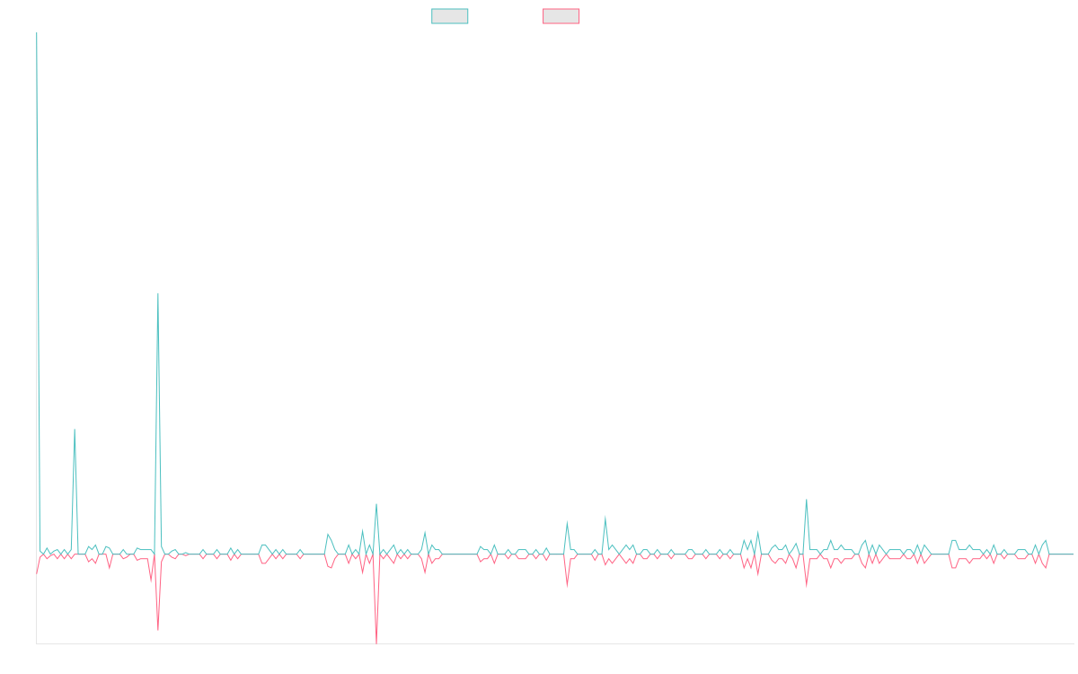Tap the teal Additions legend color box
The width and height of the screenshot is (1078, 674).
point(450,16)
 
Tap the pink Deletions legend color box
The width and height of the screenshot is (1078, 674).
point(561,16)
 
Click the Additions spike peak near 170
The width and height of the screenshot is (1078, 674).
point(158,294)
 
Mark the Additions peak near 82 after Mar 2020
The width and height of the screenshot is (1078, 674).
point(75,429)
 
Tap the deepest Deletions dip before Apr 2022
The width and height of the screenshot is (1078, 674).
point(376,641)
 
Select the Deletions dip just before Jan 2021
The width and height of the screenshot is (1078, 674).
point(158,628)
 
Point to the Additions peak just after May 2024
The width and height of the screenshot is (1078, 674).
point(807,500)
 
